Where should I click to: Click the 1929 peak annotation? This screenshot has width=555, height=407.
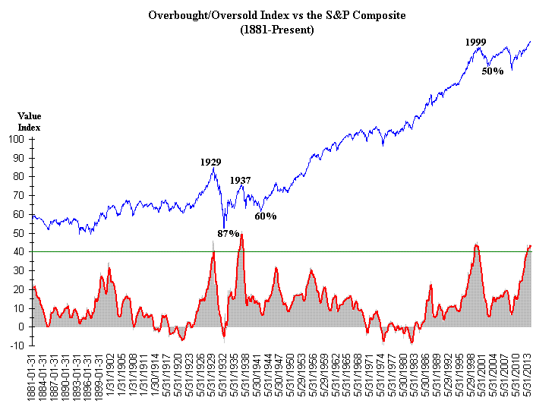tap(211, 162)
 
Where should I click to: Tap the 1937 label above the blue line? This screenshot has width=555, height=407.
tap(241, 181)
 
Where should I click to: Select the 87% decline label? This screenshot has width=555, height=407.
tap(228, 233)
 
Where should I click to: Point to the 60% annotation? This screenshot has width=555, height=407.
tap(265, 216)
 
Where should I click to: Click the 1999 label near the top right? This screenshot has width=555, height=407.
tap(476, 43)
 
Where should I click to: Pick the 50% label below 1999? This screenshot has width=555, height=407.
tap(493, 71)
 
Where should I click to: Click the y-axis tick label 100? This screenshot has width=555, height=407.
tap(17, 139)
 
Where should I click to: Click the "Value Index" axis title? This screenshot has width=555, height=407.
tap(28, 121)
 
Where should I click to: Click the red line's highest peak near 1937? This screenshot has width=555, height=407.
tap(241, 235)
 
